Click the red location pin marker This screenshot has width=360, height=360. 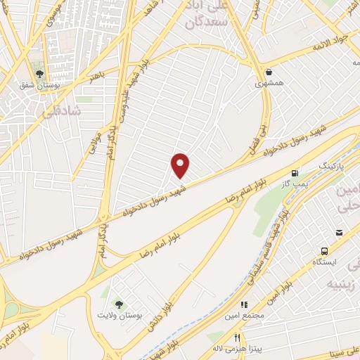[181, 165]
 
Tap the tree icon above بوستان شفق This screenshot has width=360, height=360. [40, 72]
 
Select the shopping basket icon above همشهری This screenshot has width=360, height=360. [269, 71]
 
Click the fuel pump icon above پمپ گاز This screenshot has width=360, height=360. [295, 172]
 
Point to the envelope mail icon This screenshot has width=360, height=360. [339, 233]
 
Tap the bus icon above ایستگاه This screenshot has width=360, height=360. [324, 251]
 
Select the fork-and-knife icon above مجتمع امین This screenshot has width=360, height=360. [245, 304]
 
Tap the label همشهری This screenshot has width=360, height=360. [269, 83]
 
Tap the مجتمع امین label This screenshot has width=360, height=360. [245, 316]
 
